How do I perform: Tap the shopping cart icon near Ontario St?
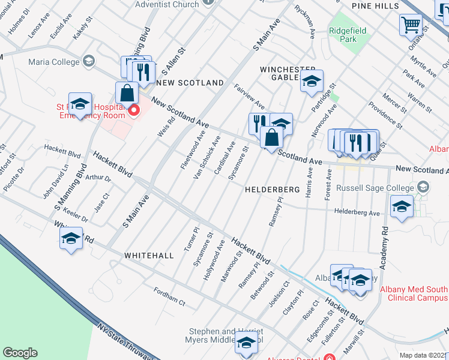[411, 25]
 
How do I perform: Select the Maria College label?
[53, 61]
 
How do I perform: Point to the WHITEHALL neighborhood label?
[149, 256]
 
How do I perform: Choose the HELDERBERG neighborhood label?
[272, 189]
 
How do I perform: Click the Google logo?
[20, 353]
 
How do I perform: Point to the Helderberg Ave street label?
[357, 212]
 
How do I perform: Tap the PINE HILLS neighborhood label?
[376, 5]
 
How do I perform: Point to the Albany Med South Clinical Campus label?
[414, 293]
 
